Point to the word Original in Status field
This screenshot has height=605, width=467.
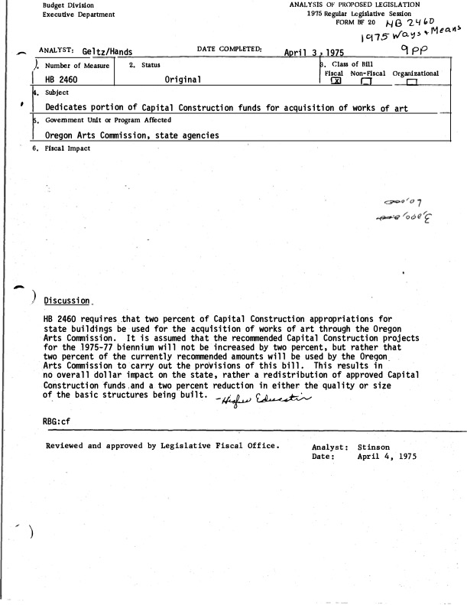(x=183, y=80)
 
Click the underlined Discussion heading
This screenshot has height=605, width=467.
(x=69, y=299)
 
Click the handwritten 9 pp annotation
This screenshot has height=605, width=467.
(x=413, y=50)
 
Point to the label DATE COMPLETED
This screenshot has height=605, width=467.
(x=229, y=50)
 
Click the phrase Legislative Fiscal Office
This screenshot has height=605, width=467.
(x=216, y=445)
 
